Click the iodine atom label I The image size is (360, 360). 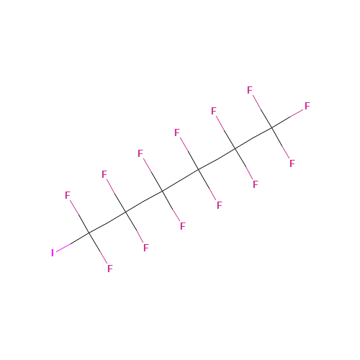[53, 253]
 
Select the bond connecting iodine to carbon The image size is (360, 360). [73, 242]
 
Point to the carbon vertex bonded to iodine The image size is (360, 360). [89, 233]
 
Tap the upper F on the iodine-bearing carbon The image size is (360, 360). [68, 195]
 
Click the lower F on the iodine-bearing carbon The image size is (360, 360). [110, 269]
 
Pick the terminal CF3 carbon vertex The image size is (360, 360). [272, 127]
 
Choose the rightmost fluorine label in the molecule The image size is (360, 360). [307, 106]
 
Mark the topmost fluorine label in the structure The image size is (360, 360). [250, 90]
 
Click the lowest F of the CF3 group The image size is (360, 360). [292, 163]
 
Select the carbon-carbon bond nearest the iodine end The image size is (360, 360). [107, 222]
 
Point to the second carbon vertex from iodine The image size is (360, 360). [126, 212]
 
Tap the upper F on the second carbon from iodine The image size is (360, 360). [104, 174]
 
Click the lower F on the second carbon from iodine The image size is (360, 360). [146, 248]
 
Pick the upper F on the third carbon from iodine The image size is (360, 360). [140, 153]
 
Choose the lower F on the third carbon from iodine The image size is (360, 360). [183, 226]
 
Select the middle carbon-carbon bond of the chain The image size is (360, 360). [181, 181]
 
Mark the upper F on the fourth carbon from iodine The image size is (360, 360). [177, 132]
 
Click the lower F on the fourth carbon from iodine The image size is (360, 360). [220, 205]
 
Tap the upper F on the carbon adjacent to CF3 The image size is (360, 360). [214, 111]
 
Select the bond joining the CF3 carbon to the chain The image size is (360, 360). [253, 138]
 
